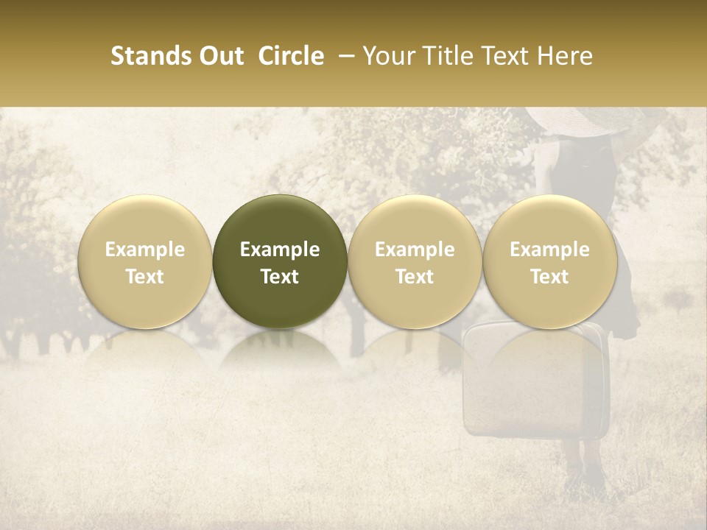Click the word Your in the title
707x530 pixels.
click(x=388, y=56)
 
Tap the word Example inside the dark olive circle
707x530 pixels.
click(x=280, y=250)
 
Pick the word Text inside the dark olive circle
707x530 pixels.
click(x=280, y=277)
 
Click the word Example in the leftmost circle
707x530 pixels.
click(x=145, y=250)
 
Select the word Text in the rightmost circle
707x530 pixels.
click(x=550, y=277)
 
